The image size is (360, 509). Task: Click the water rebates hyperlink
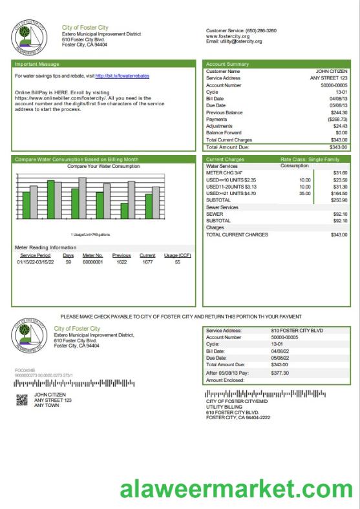pyautogui.click(x=122, y=76)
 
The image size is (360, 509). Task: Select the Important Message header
pyautogui.click(x=38, y=64)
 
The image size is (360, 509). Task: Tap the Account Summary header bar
pyautogui.click(x=227, y=64)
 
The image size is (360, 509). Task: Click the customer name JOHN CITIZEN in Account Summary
pyautogui.click(x=332, y=71)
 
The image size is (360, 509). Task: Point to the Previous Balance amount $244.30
pyautogui.click(x=339, y=112)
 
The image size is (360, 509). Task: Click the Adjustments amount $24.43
pyautogui.click(x=339, y=126)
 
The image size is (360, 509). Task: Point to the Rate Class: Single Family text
pyautogui.click(x=310, y=159)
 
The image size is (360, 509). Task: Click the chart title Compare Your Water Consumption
pyautogui.click(x=103, y=166)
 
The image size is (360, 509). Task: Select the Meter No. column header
pyautogui.click(x=92, y=255)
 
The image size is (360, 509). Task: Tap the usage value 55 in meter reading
pyautogui.click(x=177, y=262)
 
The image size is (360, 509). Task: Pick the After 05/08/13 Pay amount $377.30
pyautogui.click(x=280, y=373)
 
